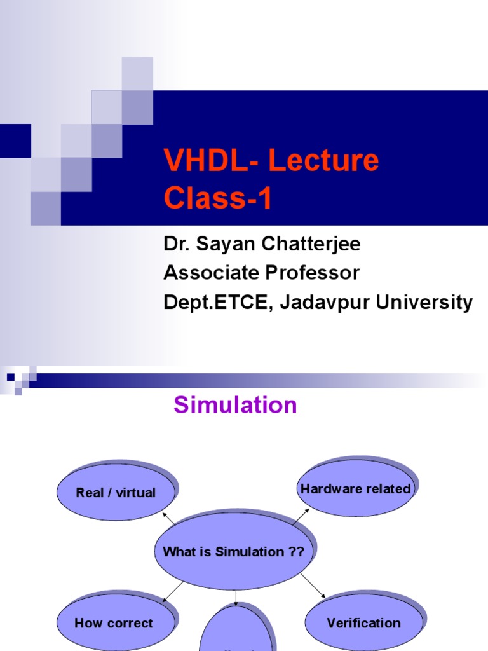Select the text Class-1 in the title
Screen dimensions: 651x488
(x=218, y=198)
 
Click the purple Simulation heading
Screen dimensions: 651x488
(x=235, y=405)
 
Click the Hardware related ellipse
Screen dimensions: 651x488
(x=355, y=489)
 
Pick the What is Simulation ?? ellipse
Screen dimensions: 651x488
(x=233, y=552)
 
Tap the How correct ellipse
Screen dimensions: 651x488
(x=113, y=623)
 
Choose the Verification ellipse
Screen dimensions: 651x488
(x=363, y=623)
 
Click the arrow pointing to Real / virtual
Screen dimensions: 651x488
(x=170, y=518)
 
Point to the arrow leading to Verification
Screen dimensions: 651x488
(x=313, y=585)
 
